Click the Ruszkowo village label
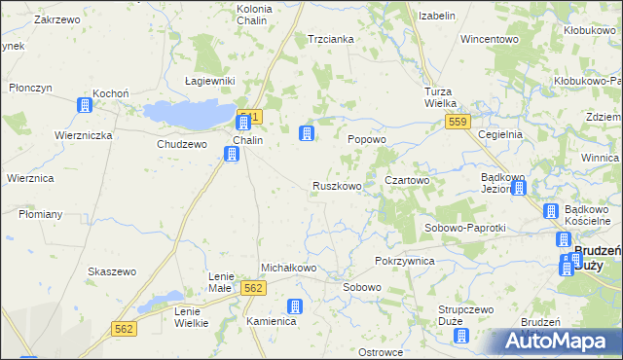pos(337,186)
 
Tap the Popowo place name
pos(368,139)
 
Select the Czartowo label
pos(407,181)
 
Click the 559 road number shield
pos(458,122)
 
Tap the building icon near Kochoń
pos(86,104)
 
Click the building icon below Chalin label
pos(232,154)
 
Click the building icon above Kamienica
pos(296,306)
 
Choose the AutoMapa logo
pos(556,342)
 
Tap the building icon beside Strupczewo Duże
pos(462,337)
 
